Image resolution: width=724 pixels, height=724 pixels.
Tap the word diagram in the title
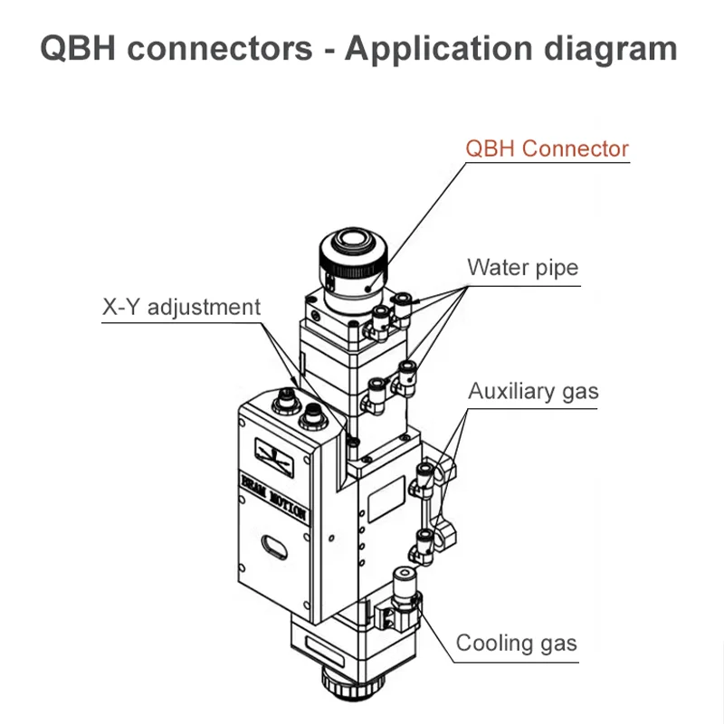tap(613, 48)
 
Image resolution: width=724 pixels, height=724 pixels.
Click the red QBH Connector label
tap(547, 148)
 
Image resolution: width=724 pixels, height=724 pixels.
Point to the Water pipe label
tap(522, 268)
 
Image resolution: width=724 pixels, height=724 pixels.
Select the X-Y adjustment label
tap(180, 307)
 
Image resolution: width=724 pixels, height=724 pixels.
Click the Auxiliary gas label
tap(533, 391)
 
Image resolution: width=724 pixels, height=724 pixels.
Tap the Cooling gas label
tap(516, 643)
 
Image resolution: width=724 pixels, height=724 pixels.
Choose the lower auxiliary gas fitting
tap(422, 545)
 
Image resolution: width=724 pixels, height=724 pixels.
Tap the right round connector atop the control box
tap(313, 415)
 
